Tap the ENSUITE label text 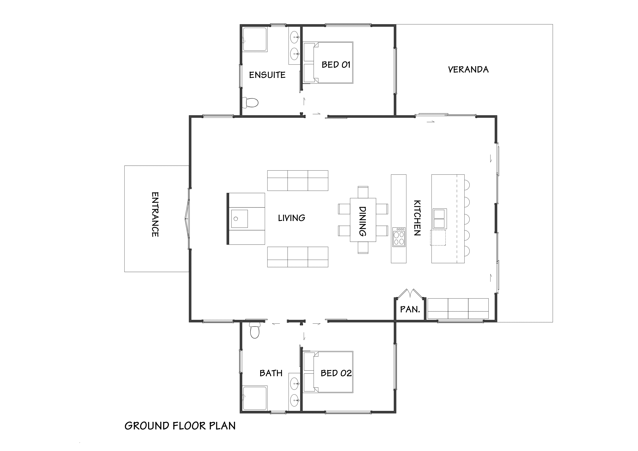(x=267, y=75)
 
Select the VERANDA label (x=468, y=69)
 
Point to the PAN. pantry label (x=410, y=309)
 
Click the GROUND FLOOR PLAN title (x=180, y=426)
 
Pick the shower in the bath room (x=255, y=398)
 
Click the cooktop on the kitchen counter (x=399, y=237)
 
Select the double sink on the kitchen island (x=440, y=219)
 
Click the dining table (x=363, y=220)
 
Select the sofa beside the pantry (x=458, y=309)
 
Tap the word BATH (x=271, y=373)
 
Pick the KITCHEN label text (x=417, y=218)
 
